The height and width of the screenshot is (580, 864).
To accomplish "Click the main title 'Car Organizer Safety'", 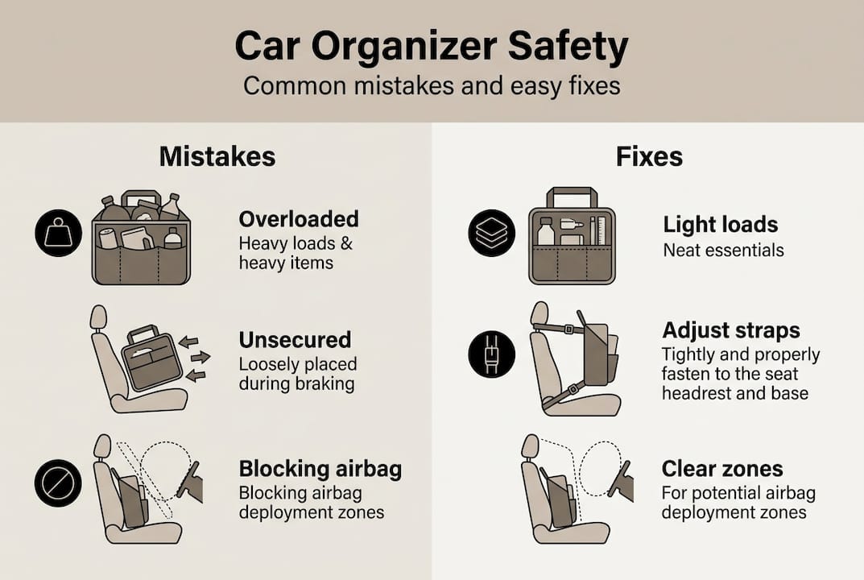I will click(432, 48).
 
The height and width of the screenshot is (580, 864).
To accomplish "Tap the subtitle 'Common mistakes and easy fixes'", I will click(432, 85).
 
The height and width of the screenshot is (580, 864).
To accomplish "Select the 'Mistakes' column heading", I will click(217, 155).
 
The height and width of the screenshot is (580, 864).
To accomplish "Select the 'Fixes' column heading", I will click(649, 155).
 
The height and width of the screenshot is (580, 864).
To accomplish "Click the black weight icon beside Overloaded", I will click(59, 234).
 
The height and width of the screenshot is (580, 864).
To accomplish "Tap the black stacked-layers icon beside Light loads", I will click(491, 234).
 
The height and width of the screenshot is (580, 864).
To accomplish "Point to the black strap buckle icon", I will click(491, 354).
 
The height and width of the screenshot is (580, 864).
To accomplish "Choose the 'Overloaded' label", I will click(299, 219).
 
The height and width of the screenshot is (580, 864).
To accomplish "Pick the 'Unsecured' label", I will click(295, 339).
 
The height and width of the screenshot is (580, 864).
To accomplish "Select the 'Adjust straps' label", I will click(730, 330).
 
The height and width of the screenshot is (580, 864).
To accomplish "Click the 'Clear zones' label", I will click(721, 469).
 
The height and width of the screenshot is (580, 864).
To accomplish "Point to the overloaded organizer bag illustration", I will click(141, 240).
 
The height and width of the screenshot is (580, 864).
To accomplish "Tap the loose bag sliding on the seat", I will click(151, 358).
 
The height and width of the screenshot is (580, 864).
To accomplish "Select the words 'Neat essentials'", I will click(722, 250).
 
